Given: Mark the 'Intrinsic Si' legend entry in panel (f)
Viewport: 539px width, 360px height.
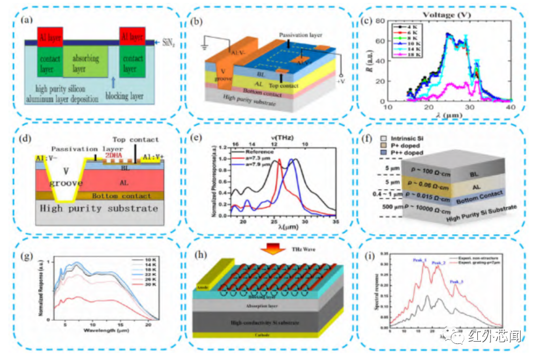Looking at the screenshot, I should [400, 139].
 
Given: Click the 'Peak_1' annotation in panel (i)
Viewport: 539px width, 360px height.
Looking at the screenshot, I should [420, 260].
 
